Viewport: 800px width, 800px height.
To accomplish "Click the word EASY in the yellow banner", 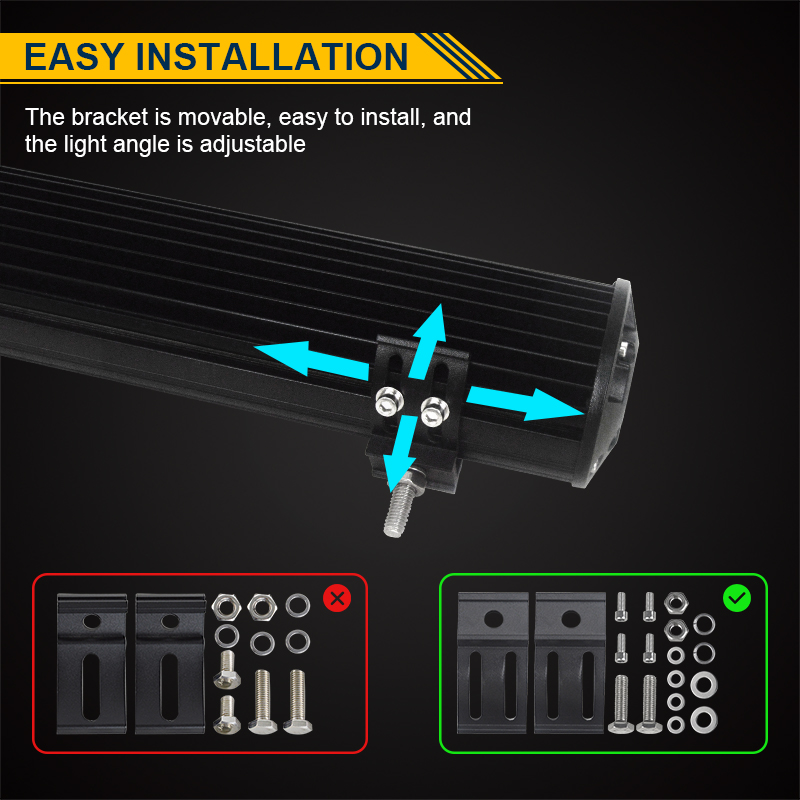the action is pos(74,56).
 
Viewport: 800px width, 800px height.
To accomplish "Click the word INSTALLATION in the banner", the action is pos(272,56).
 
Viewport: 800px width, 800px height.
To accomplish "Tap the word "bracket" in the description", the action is pos(110,117).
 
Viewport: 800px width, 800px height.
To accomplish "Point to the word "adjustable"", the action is pos(253,144).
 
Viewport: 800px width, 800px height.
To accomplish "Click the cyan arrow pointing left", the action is pos(311,359).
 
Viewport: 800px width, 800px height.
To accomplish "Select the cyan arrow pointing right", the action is pos(526,403).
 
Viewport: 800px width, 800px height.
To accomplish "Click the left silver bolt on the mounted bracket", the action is pos(389,401).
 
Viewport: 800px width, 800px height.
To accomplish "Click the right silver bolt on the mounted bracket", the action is pos(435,411).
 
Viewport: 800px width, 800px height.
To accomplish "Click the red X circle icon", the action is pos(337,598).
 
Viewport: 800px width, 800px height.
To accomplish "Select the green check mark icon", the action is pos(737,598).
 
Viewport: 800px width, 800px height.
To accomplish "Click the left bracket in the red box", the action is pos(92,663).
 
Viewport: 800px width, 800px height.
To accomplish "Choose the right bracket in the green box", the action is pos(570,662).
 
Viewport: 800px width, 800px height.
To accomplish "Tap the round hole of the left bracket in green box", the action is pos(493,619).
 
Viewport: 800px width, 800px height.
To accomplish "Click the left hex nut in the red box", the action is pos(226,607).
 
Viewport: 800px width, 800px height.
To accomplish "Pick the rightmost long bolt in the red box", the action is pos(298,702).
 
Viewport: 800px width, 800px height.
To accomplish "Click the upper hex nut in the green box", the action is pos(676,603).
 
